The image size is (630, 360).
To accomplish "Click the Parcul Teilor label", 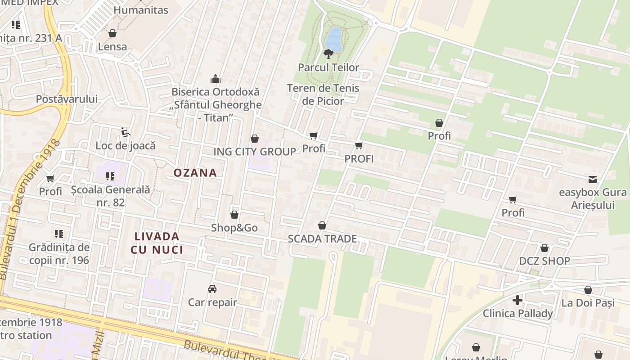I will [328, 67].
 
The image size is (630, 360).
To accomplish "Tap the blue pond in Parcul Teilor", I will [334, 38].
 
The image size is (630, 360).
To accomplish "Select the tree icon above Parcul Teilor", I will [328, 54].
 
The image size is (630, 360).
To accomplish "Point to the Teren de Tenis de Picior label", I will [323, 94].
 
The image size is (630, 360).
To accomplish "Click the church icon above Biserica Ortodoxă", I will [216, 79].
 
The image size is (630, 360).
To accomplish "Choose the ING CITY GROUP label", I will [255, 151].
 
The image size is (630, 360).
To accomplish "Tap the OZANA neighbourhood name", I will [195, 173].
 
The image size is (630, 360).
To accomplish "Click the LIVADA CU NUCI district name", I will [157, 243].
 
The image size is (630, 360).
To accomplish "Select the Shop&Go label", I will [234, 228].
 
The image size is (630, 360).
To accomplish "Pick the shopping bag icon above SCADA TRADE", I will [322, 225].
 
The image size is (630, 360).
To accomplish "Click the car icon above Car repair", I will [212, 288].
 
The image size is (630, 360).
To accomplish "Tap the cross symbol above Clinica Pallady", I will [517, 300].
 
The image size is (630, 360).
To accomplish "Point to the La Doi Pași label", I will [588, 303].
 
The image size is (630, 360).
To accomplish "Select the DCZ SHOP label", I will [544, 261].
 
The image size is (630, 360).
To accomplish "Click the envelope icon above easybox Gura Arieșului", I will [593, 180].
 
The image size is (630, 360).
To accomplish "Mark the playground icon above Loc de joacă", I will [126, 132].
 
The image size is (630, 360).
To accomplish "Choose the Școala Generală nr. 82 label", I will [110, 196].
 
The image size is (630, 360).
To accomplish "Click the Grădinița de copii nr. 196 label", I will [59, 254].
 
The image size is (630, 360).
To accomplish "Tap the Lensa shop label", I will [112, 47].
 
